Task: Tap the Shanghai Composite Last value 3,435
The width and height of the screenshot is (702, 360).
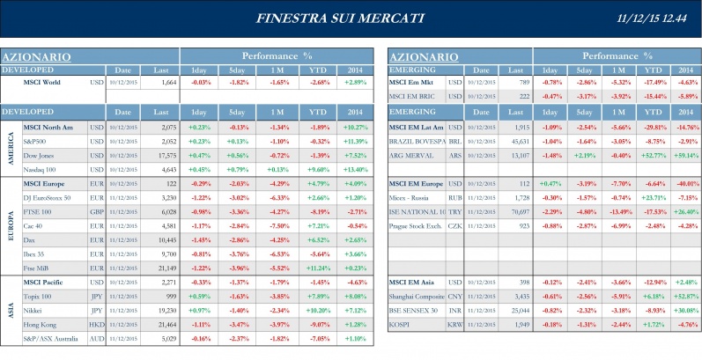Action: pos(515,297)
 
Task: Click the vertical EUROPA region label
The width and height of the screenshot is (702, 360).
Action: pos(11,225)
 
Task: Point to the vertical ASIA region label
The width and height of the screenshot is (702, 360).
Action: pos(11,311)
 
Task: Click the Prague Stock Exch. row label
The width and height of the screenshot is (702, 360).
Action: pos(418,226)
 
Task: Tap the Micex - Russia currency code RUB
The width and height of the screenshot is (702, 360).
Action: pos(454,198)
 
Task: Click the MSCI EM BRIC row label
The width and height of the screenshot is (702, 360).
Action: pos(413,95)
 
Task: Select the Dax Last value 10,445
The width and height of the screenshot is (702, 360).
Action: pos(164,239)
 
